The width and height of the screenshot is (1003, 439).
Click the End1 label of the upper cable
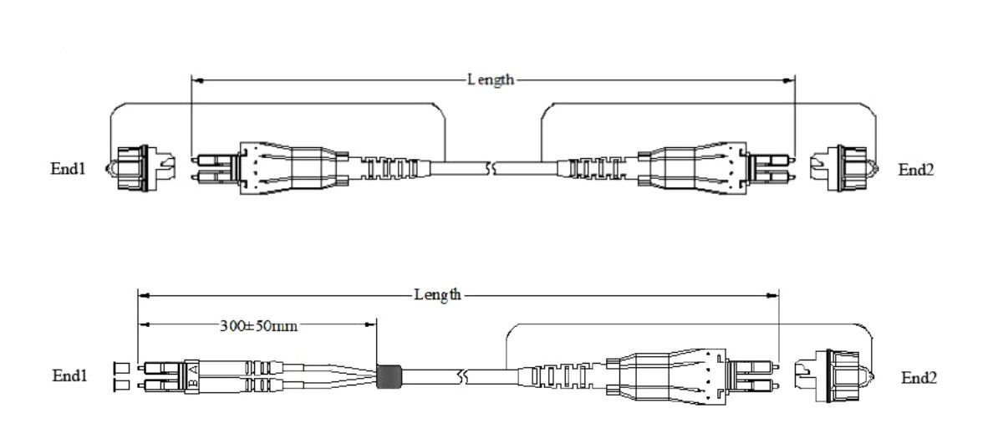(68, 168)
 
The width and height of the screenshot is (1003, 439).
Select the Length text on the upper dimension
(491, 80)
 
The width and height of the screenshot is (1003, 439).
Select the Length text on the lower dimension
(437, 294)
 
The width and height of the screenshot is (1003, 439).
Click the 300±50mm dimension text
(259, 324)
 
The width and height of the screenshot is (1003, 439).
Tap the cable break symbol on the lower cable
(459, 377)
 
